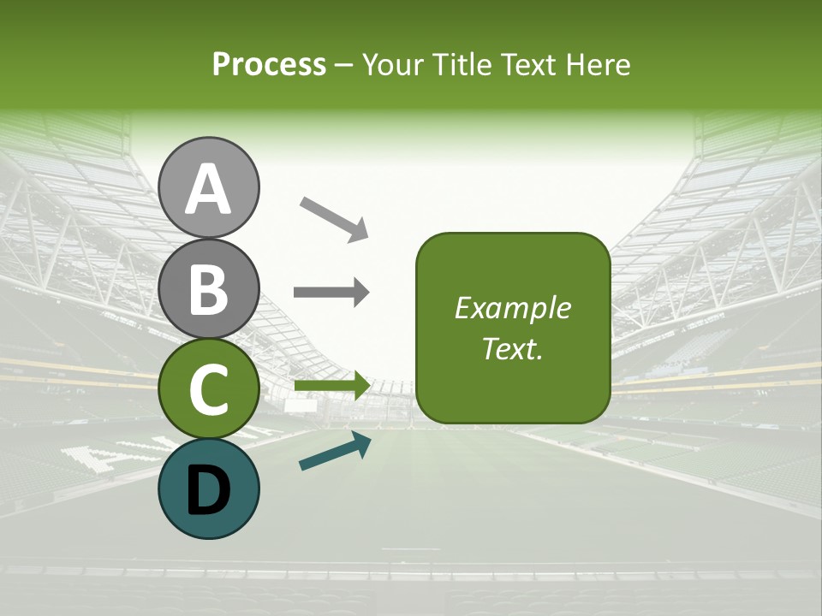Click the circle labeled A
tap(209, 187)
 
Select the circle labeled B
tap(209, 288)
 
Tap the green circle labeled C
tap(209, 389)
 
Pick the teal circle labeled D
tap(209, 489)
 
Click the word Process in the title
tap(269, 65)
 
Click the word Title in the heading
tap(457, 65)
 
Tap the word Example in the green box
tap(512, 308)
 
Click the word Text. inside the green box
tap(512, 348)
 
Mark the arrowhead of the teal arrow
tap(362, 442)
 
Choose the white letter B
tap(209, 289)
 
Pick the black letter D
tap(209, 489)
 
